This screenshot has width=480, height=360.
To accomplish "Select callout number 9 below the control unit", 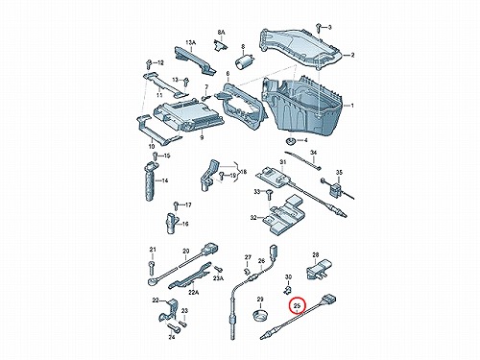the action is (202, 137).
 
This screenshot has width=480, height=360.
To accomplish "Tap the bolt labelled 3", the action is (318, 28).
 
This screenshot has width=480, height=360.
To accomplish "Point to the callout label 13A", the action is (190, 42).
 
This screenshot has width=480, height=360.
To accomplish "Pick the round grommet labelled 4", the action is (290, 140).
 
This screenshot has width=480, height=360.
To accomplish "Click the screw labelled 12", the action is (148, 63).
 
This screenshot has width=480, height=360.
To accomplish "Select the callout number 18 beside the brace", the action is (244, 172).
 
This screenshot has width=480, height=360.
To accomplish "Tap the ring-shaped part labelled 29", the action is (260, 315).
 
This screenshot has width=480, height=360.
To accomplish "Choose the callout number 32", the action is (253, 218).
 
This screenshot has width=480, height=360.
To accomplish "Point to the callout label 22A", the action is (193, 292).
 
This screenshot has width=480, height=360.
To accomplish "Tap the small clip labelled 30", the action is (288, 290).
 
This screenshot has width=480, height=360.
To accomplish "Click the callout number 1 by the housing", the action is (352, 106).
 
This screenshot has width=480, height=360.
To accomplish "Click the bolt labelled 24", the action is (172, 326).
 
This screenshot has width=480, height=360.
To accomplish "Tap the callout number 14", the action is (164, 180).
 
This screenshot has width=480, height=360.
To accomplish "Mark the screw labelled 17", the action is (176, 205).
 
